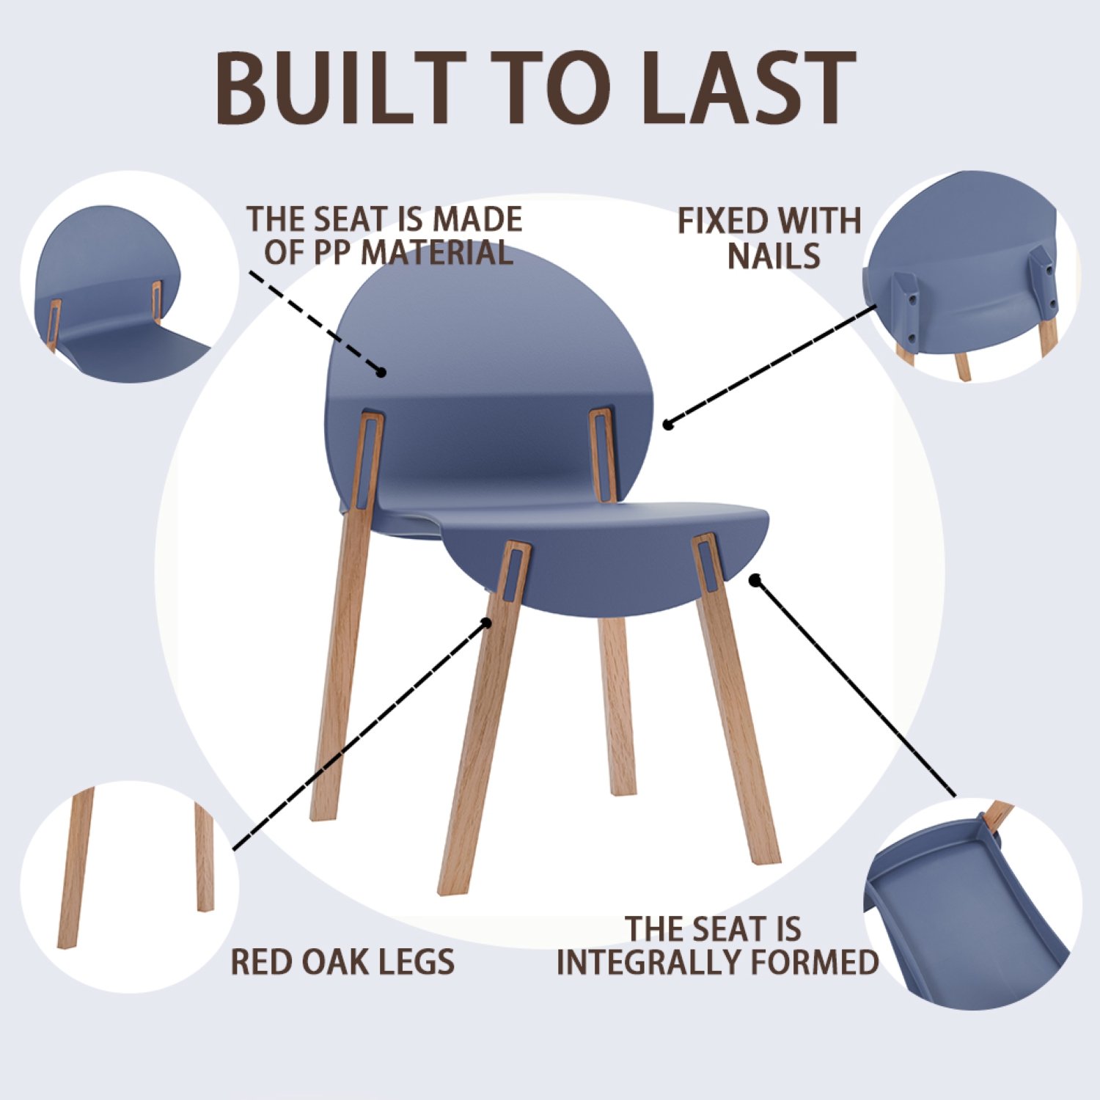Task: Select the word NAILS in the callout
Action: click(x=774, y=256)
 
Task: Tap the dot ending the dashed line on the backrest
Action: click(x=381, y=373)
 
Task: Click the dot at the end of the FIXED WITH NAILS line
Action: click(x=667, y=424)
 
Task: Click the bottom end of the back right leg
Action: click(x=623, y=791)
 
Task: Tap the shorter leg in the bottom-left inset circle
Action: click(x=205, y=858)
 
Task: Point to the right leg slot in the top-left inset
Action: click(x=156, y=301)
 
